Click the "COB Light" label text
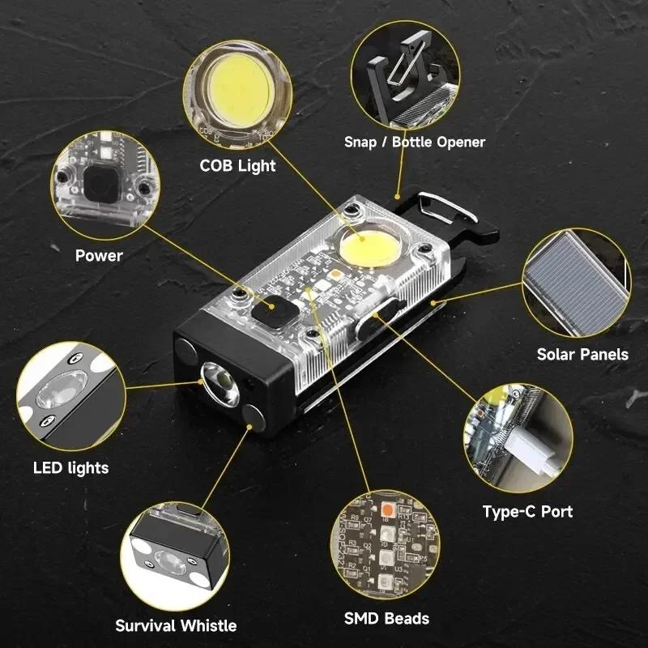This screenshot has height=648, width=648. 238,165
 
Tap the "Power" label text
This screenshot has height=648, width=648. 99,256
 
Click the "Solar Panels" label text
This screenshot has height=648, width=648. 582,354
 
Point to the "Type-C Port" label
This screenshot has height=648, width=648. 527,511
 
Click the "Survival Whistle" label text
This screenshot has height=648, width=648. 176,625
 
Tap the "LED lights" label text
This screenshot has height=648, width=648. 70,467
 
